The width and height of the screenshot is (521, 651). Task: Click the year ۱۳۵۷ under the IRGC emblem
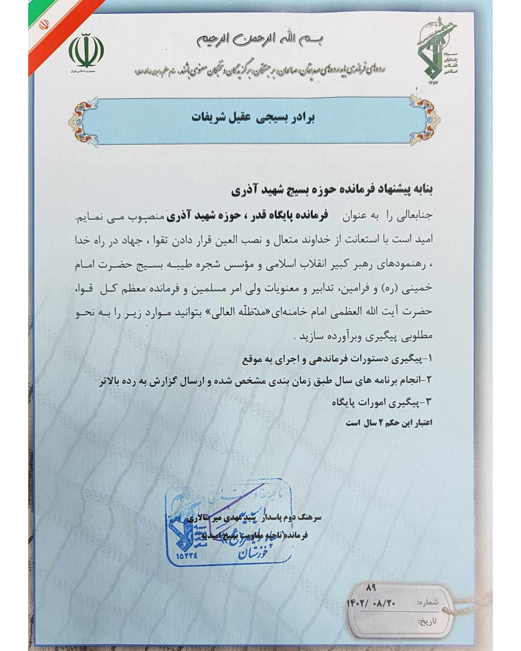[432, 83]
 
